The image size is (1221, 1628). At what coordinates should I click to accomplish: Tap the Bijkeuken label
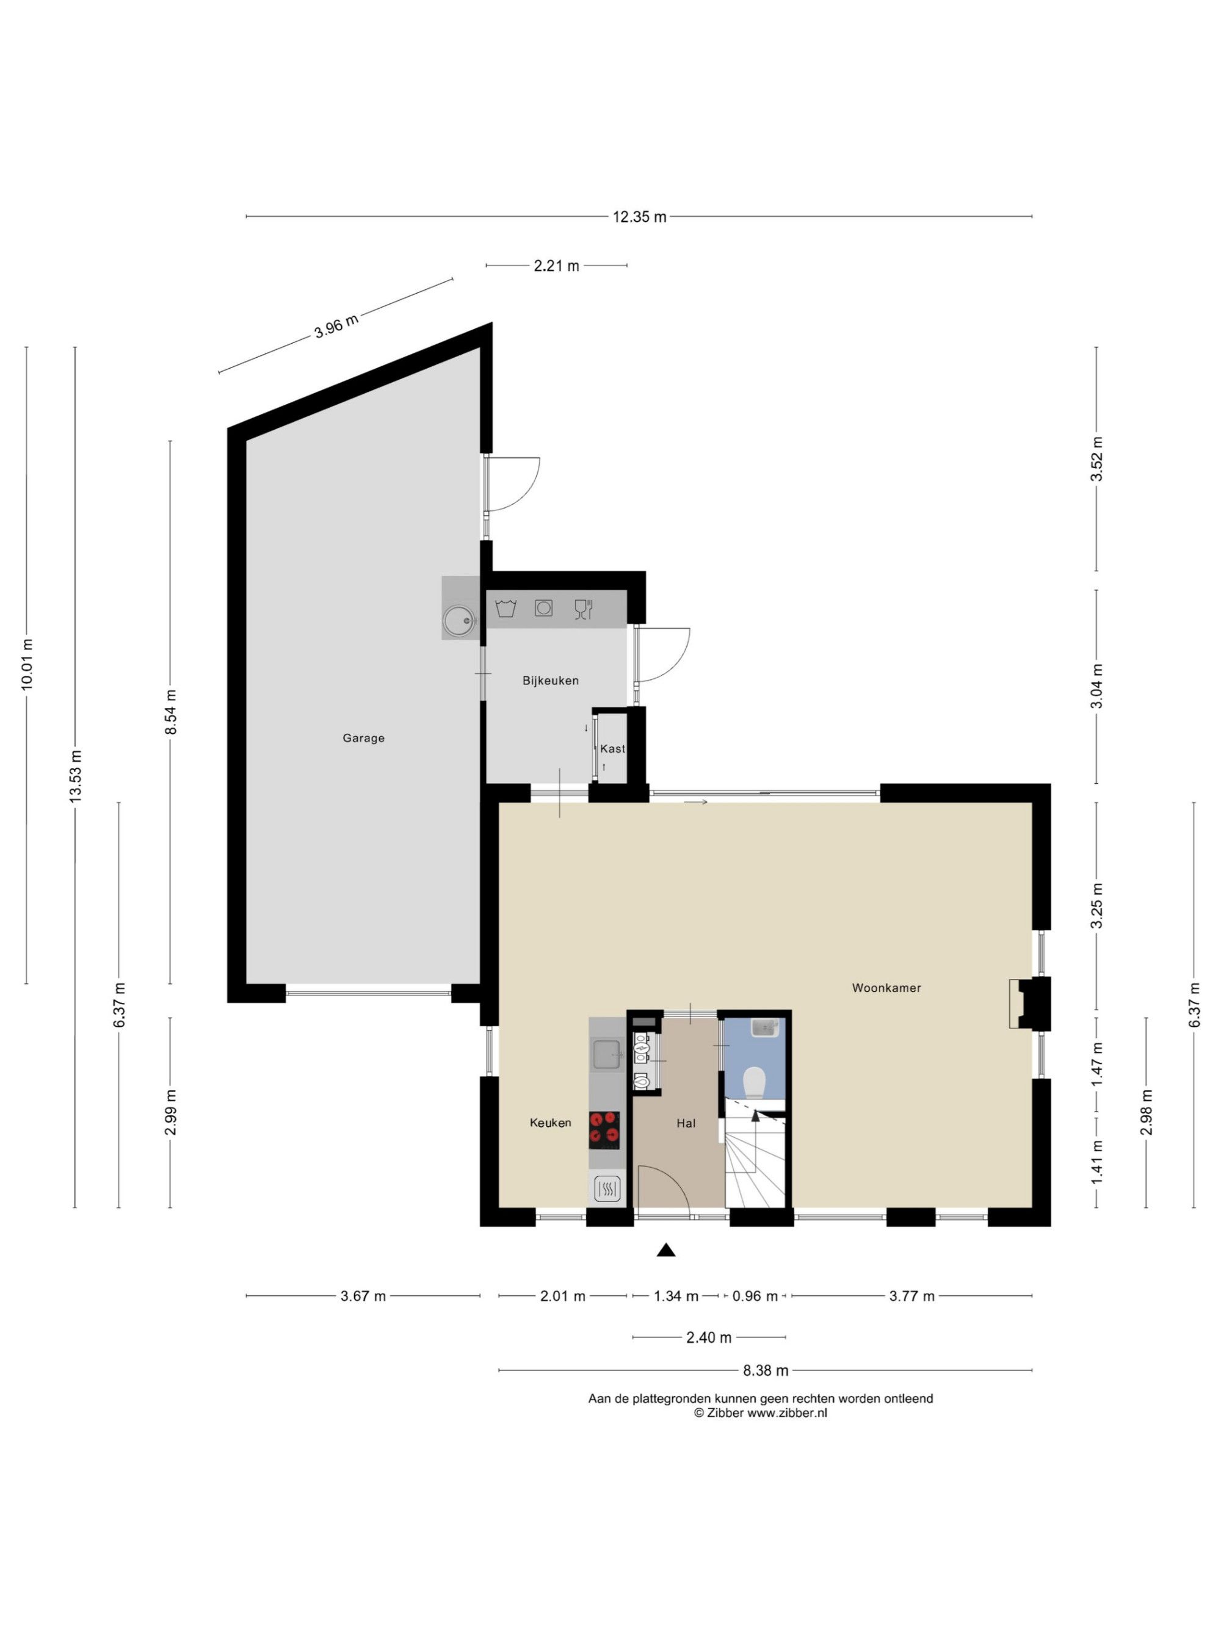tap(551, 681)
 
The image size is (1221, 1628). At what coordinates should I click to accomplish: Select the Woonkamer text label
tap(886, 988)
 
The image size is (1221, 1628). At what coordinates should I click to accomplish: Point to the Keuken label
tap(551, 1123)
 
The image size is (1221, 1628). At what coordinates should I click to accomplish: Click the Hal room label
tap(686, 1123)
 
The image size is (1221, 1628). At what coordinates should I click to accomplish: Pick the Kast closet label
tap(612, 748)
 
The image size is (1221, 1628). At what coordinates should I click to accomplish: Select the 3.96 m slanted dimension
tap(336, 326)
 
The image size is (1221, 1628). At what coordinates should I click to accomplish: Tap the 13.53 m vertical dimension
tap(75, 776)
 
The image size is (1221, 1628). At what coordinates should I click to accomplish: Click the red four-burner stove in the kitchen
tap(604, 1130)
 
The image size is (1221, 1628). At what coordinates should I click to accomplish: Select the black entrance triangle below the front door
tap(666, 1250)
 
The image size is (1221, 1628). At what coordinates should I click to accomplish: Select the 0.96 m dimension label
tap(755, 1296)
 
